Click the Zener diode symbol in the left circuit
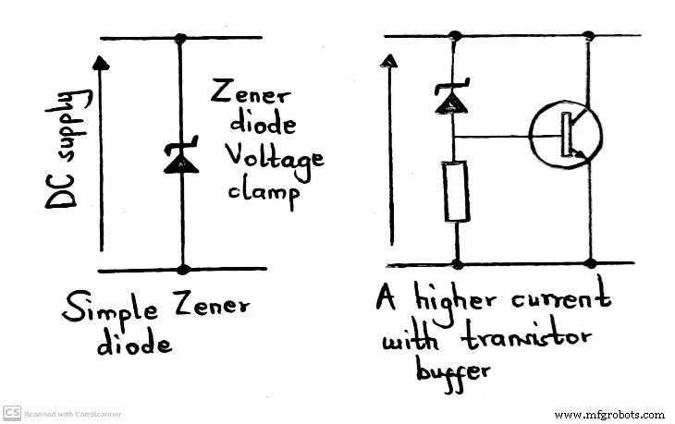[181, 158]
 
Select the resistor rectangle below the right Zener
[457, 191]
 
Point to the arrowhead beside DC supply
[102, 63]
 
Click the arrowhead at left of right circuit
[390, 61]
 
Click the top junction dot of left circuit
[181, 39]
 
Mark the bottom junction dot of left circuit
[183, 269]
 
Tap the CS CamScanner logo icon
[12, 413]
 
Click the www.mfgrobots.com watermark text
[608, 414]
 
